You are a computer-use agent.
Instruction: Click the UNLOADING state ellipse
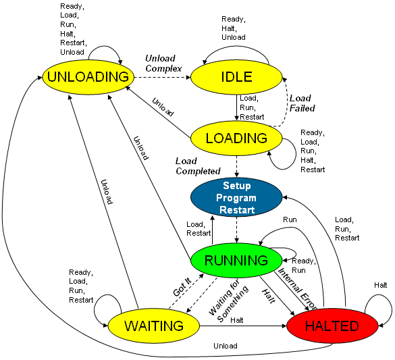[x=88, y=77]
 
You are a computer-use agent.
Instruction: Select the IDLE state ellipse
[x=236, y=77]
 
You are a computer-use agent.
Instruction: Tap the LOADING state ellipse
[x=236, y=138]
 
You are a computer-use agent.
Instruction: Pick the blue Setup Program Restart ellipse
[x=236, y=197]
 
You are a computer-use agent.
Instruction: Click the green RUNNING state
[x=236, y=261]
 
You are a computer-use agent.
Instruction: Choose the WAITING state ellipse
[x=154, y=326]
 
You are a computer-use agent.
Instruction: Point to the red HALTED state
[x=332, y=326]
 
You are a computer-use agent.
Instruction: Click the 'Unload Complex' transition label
[x=163, y=63]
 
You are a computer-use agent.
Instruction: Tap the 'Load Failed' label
[x=302, y=103]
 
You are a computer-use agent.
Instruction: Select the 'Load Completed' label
[x=198, y=166]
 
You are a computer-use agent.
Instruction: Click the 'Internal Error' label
[x=296, y=288]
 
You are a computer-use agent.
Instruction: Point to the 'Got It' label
[x=182, y=286]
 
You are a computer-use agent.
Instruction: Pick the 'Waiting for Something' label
[x=228, y=301]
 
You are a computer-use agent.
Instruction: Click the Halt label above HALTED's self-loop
[x=380, y=285]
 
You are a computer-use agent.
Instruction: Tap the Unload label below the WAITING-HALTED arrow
[x=226, y=346]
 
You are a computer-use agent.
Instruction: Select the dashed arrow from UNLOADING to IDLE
[x=163, y=78]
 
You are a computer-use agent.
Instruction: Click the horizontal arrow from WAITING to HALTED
[x=243, y=326]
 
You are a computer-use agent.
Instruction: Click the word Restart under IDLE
[x=252, y=117]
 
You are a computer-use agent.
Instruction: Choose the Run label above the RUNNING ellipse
[x=290, y=220]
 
